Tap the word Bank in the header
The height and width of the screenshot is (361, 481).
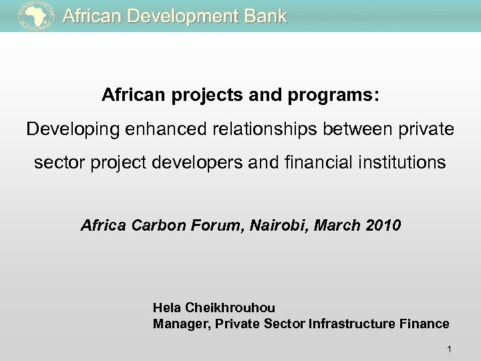tap(265, 17)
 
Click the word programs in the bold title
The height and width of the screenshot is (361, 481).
tap(334, 96)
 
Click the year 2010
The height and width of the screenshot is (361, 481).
tap(383, 225)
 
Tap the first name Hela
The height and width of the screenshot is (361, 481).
tap(166, 308)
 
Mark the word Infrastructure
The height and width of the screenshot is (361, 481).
tap(366, 324)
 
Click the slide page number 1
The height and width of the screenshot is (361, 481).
tap(450, 348)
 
